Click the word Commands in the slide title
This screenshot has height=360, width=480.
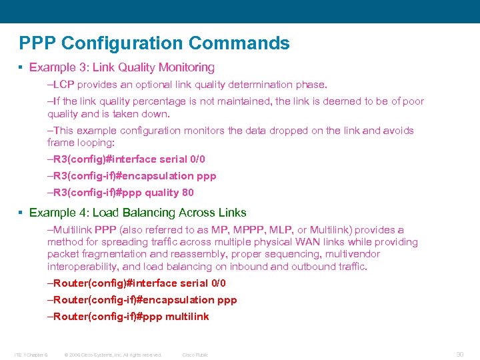[x=239, y=43]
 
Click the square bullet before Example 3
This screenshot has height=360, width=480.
[x=22, y=67]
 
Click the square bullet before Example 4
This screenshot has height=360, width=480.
[x=22, y=213]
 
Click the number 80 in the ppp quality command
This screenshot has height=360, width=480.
[x=187, y=193]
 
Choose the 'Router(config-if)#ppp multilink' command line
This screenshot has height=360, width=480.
[x=131, y=317]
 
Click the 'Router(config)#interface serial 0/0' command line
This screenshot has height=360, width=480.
[x=139, y=283]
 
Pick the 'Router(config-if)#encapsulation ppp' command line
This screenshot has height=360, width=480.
[x=145, y=300]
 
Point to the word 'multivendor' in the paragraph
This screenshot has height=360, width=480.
[x=352, y=254]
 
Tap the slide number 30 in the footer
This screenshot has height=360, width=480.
[x=459, y=354]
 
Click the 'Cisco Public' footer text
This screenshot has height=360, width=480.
[x=195, y=355]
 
